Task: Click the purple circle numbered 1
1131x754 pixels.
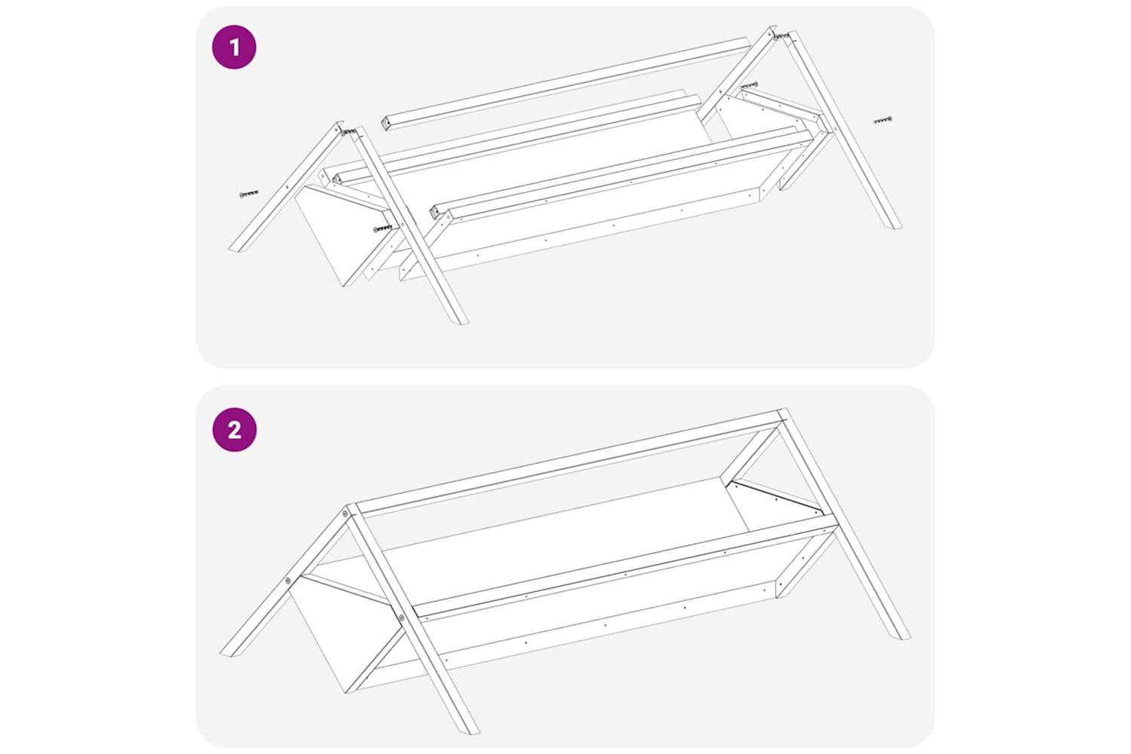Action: tap(234, 47)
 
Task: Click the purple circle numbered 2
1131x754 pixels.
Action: tap(234, 430)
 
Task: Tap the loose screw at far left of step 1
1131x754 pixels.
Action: tap(249, 194)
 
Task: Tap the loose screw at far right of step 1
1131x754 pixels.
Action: tap(883, 120)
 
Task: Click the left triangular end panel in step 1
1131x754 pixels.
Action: tap(343, 235)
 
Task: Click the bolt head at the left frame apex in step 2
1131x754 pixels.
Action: tap(345, 513)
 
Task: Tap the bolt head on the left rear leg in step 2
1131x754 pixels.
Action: tap(288, 581)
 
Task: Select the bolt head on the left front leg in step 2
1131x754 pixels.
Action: tap(401, 618)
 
